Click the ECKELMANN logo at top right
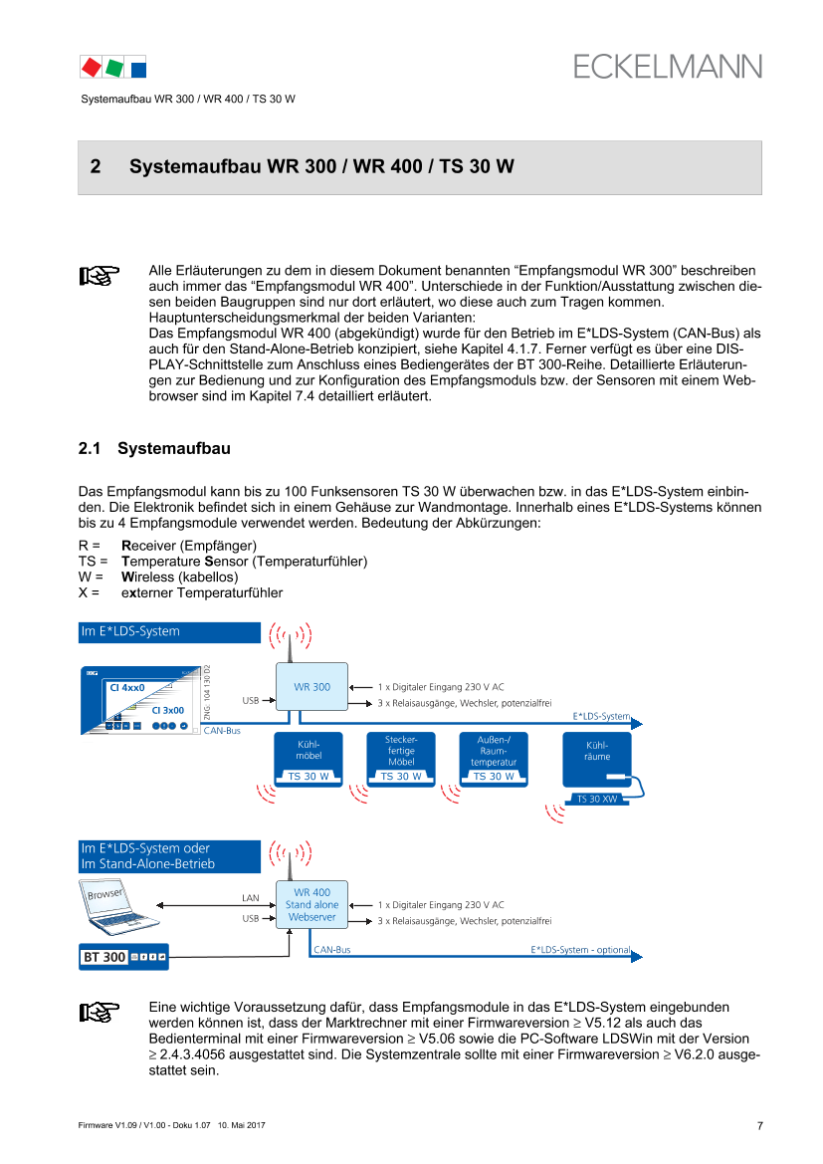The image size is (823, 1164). coord(667,66)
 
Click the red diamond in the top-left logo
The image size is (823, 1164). coord(91,67)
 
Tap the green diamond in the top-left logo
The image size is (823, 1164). coord(114,67)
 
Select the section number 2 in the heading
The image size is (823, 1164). coord(96,167)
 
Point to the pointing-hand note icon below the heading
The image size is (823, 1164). coord(99,276)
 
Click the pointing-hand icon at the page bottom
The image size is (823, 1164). coord(99,1013)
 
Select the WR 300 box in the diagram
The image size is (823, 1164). coord(311,687)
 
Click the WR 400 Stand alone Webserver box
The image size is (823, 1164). coord(311,905)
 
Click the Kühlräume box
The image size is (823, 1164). coord(596,752)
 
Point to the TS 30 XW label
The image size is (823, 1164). coord(597,799)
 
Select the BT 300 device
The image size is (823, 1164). coord(123,957)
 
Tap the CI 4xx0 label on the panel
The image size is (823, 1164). coord(127,687)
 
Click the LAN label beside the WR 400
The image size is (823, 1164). coord(251,898)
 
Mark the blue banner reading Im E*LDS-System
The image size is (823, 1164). coord(169,632)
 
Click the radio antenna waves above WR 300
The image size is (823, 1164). coord(290,634)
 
